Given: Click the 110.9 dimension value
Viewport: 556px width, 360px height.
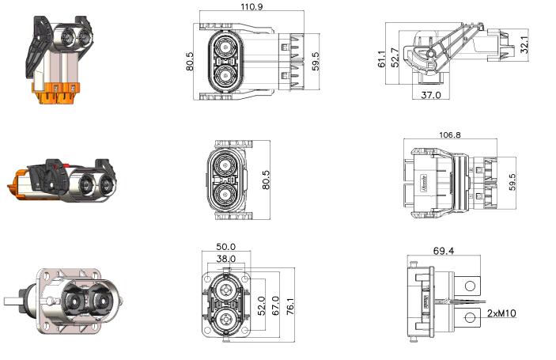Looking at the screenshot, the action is [x=252, y=7].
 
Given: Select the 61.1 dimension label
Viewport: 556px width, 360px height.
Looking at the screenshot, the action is [x=381, y=59].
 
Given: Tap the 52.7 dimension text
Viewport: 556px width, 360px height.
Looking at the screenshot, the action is [x=395, y=58].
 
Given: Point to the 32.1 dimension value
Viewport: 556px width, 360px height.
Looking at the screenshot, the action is [x=524, y=44].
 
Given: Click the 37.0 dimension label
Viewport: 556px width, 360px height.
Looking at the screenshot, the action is [x=431, y=95].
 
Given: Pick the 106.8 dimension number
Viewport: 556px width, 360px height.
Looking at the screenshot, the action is [x=449, y=135].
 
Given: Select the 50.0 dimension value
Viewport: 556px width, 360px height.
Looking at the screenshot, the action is [x=226, y=247].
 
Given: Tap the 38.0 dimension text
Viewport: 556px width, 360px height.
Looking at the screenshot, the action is [x=226, y=259].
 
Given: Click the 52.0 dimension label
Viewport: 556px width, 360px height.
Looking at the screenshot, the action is [x=261, y=305].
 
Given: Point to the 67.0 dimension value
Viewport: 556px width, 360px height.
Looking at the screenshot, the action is [x=275, y=305].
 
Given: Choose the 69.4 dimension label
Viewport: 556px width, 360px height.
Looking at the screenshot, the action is [x=444, y=251].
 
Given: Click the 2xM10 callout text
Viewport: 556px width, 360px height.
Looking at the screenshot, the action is [x=501, y=313].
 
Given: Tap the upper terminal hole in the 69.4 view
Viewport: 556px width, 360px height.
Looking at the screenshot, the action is [x=471, y=286].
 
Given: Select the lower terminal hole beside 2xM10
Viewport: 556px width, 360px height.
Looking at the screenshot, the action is [x=470, y=317].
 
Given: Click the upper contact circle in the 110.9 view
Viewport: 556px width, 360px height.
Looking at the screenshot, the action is [x=225, y=47].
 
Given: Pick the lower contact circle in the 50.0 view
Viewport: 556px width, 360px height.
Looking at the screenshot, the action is [x=226, y=320].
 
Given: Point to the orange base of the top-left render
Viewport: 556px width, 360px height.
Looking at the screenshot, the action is [x=56, y=93].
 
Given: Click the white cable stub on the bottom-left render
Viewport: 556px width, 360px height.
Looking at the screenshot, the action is [x=13, y=301].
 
